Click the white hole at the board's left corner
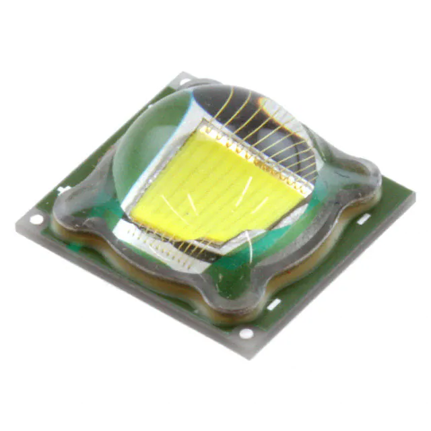(36, 219)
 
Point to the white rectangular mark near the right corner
(363, 219)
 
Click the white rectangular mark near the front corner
(274, 304)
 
